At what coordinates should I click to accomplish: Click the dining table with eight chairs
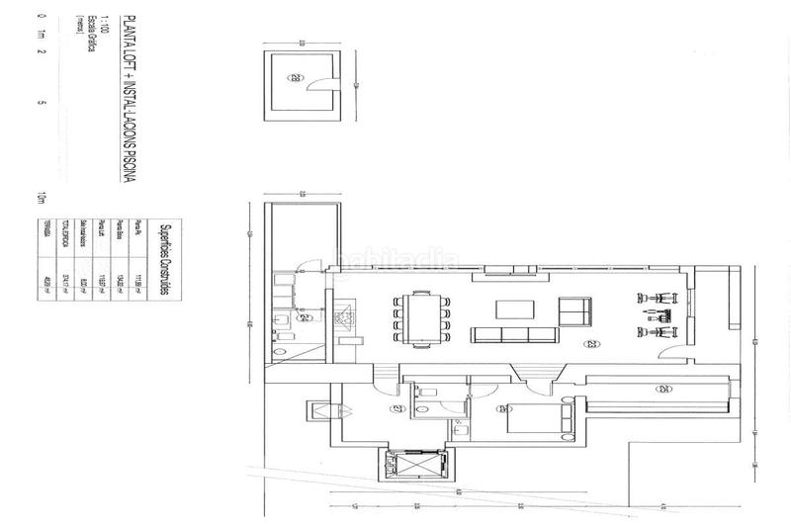click(420, 318)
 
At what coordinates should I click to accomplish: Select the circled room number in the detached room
click(296, 76)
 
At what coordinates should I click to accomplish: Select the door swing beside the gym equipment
click(670, 360)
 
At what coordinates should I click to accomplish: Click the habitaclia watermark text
click(395, 261)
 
